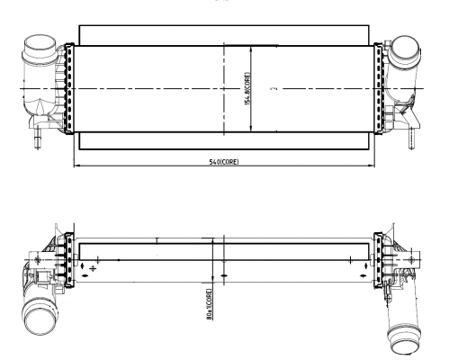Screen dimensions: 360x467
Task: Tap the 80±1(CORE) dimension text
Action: point(209,302)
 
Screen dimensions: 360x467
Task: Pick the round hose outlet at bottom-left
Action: point(40,320)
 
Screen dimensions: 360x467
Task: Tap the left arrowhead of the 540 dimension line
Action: point(75,166)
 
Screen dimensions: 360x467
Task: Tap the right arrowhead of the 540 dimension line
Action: point(373,166)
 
